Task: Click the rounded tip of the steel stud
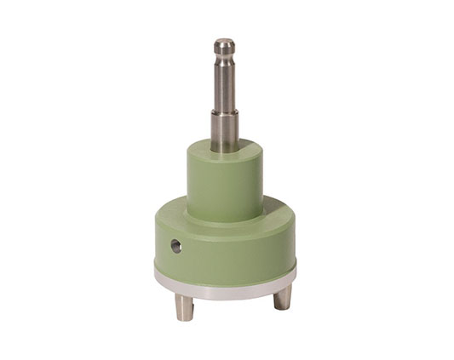[x=224, y=43]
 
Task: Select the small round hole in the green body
[x=175, y=246]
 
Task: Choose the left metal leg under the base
[x=184, y=304]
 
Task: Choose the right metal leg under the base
[x=282, y=296]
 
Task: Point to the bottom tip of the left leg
[x=184, y=317]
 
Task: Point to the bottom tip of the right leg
[x=282, y=306]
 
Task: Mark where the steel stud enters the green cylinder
[x=225, y=146]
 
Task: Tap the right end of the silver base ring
[x=295, y=271]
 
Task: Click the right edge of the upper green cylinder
[x=261, y=179]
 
